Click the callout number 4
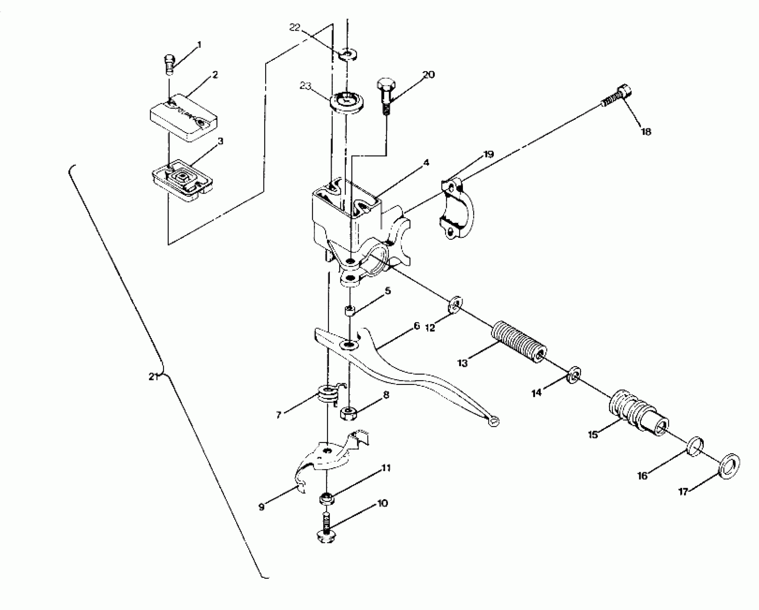point(426,163)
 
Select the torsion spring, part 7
point(327,395)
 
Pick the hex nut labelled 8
point(348,413)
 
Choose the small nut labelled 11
point(326,498)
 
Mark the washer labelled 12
point(455,305)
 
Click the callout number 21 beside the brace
point(153,377)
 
